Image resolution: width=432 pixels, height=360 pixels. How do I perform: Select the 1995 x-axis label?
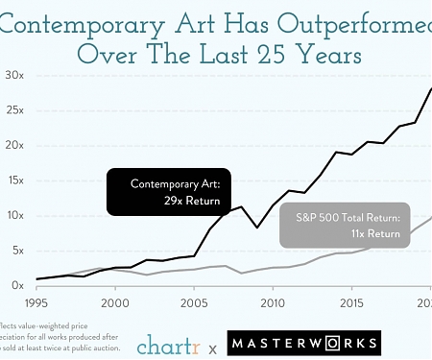click(36, 302)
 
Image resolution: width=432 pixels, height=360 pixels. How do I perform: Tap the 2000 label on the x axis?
click(115, 302)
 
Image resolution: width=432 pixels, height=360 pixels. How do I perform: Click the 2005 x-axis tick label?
click(195, 302)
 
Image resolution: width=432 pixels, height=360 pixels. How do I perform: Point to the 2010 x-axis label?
click(274, 302)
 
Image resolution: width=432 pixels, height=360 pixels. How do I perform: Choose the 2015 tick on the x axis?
click(352, 302)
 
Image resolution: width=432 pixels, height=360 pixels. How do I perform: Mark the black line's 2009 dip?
click(255, 228)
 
